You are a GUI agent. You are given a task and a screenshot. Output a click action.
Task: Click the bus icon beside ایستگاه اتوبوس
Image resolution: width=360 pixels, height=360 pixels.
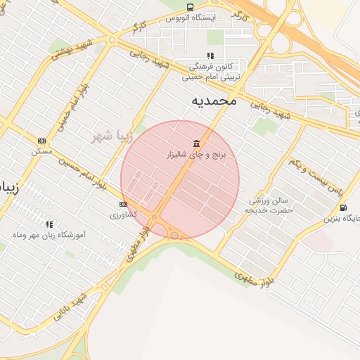click(x=190, y=7)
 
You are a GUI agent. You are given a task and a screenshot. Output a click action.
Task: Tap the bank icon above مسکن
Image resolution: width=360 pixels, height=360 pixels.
click(x=41, y=141)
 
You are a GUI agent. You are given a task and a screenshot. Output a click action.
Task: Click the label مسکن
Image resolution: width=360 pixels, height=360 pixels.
click(x=41, y=151)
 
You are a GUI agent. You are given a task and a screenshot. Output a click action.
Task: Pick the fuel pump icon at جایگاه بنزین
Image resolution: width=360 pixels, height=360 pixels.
click(x=343, y=207)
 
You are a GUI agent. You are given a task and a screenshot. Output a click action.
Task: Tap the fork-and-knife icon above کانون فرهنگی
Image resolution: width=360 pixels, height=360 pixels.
click(x=210, y=56)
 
